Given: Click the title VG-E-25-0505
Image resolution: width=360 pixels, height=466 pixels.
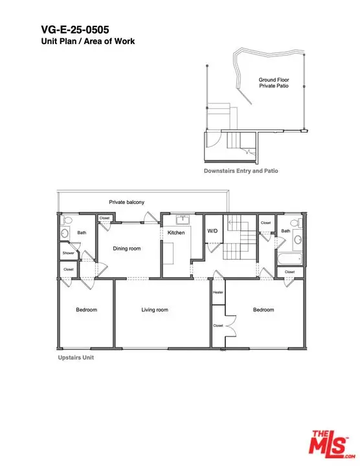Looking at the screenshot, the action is (x=75, y=29).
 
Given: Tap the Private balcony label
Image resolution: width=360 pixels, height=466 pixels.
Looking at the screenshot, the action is (x=127, y=202).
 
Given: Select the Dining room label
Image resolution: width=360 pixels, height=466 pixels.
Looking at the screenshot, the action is (x=127, y=249).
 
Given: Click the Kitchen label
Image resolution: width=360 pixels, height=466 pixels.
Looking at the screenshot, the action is (x=176, y=232).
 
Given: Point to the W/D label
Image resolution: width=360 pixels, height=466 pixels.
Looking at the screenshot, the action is (x=212, y=231).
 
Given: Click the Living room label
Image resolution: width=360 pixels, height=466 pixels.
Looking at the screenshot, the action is (x=155, y=309).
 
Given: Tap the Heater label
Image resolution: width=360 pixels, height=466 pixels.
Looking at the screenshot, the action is (x=218, y=293).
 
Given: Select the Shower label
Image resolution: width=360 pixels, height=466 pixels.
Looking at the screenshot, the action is (x=69, y=253).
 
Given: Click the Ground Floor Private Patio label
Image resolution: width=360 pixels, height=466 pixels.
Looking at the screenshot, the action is (x=274, y=83).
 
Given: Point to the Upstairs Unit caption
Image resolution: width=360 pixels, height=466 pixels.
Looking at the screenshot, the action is (x=76, y=357).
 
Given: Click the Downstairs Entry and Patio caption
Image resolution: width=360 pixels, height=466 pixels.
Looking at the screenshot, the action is (x=241, y=171).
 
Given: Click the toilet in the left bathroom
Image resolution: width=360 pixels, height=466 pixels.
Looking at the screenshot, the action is (x=67, y=220).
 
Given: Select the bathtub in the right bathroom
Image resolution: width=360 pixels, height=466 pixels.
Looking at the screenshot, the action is (x=289, y=259).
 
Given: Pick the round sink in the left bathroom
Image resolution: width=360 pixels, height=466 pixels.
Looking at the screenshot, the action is (x=65, y=234).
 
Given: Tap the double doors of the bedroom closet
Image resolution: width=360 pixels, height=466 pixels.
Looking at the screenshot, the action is (x=231, y=326).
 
